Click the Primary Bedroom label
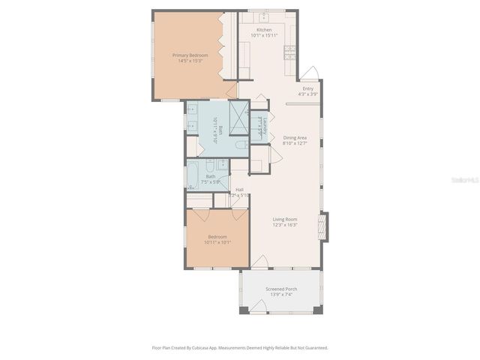190,55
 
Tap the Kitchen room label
263,29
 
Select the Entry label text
308,88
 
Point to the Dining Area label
295,137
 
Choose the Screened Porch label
281,289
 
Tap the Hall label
239,190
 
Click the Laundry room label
265,124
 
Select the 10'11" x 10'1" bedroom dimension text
217,242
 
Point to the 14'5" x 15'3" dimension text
190,61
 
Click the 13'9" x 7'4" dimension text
281,295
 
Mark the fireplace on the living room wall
323,226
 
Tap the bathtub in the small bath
193,174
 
